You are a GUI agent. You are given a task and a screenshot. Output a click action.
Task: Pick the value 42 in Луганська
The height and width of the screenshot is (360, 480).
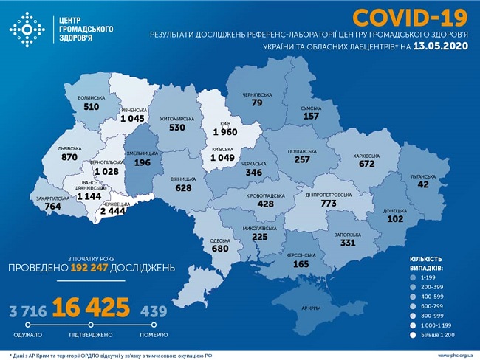(422, 186)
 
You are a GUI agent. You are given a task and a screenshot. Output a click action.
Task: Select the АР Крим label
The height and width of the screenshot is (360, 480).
(314, 307)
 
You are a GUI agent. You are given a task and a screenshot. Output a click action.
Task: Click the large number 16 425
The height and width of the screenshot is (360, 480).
(90, 306)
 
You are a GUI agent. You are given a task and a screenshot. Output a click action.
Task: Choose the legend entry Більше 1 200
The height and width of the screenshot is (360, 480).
(443, 335)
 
